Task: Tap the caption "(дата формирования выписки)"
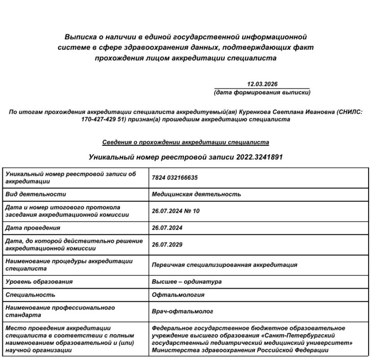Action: [262, 93]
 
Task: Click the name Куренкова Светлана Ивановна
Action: [286, 112]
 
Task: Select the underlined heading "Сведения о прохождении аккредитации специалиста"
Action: [186, 142]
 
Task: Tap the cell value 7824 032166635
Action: [175, 178]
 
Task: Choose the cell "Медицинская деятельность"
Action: [196, 194]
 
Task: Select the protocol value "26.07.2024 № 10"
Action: [176, 211]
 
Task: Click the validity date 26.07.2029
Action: [167, 245]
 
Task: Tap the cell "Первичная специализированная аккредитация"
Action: [224, 265]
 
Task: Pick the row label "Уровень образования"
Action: [39, 282]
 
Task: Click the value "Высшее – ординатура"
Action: [187, 282]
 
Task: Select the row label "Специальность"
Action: [30, 295]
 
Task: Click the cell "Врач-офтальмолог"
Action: [183, 311]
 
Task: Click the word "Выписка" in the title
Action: [80, 36]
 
